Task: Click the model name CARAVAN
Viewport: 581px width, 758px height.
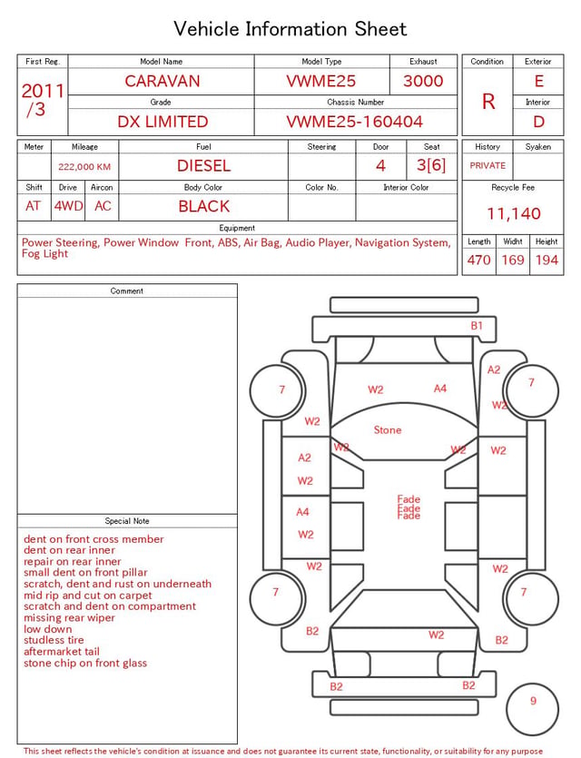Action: [x=162, y=81]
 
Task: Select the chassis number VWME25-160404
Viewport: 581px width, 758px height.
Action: [x=355, y=122]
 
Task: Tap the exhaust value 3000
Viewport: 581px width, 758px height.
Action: [x=423, y=81]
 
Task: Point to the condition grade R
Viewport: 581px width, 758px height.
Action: [x=488, y=102]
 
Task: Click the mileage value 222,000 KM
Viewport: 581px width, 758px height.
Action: [x=84, y=167]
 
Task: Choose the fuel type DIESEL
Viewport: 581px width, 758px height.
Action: [x=204, y=166]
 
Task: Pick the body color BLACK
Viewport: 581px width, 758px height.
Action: [x=204, y=206]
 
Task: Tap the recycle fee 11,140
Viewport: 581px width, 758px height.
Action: [x=513, y=213]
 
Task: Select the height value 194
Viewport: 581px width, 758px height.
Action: [x=547, y=260]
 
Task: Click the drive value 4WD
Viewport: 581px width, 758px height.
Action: [x=68, y=206]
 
